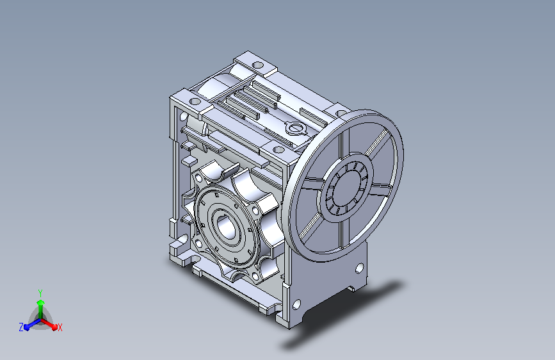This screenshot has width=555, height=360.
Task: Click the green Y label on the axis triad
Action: [x=40, y=293]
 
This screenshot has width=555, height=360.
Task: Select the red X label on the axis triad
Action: [x=60, y=328]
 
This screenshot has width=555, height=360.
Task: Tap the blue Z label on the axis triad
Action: [x=21, y=327]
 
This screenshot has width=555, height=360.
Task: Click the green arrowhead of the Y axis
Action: [x=41, y=302]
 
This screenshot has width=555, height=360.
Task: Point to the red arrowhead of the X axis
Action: [x=54, y=327]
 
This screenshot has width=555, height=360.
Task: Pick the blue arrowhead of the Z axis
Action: [x=26, y=327]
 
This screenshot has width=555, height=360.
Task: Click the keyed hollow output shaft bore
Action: [x=226, y=226]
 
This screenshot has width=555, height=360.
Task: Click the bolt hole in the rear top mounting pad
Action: [x=259, y=65]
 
